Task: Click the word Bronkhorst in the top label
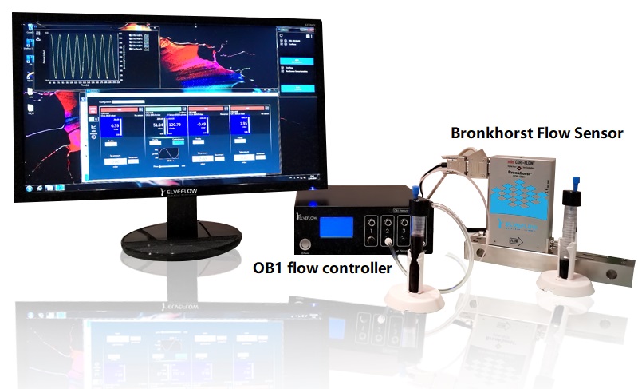pos(491,133)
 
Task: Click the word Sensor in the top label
pos(596,133)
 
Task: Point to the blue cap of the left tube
pos(415,192)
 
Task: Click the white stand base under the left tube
pos(413,298)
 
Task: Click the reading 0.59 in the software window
pos(115,125)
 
